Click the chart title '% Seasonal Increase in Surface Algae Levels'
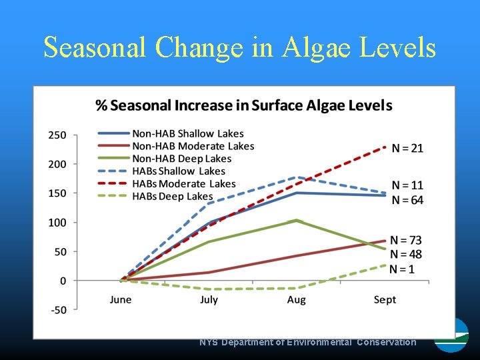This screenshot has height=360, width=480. [x=244, y=105]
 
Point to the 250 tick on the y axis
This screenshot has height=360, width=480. [x=57, y=135]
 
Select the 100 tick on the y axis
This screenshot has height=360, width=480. [x=57, y=223]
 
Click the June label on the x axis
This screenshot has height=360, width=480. [x=121, y=300]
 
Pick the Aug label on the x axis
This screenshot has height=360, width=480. [x=297, y=300]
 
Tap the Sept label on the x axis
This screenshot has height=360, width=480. [x=385, y=300]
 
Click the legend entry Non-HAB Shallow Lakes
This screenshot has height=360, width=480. [x=188, y=134]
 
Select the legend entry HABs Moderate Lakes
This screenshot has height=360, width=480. [x=184, y=184]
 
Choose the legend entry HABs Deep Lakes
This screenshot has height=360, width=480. [x=173, y=197]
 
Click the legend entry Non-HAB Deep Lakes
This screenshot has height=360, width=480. [x=182, y=159]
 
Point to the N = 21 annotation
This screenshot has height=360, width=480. [x=407, y=148]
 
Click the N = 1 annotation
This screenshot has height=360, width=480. [x=402, y=269]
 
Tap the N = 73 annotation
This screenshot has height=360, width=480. [x=405, y=240]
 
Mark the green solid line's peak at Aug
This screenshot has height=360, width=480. [x=297, y=220]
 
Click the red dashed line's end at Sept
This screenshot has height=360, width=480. [x=385, y=147]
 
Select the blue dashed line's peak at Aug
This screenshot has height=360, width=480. [x=297, y=177]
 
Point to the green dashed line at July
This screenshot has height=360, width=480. [x=209, y=289]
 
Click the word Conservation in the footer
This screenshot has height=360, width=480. [x=386, y=342]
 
